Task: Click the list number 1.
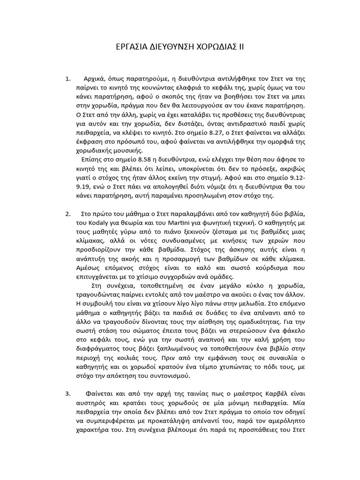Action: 67,78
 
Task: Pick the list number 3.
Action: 67,393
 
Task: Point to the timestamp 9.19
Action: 82,187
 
